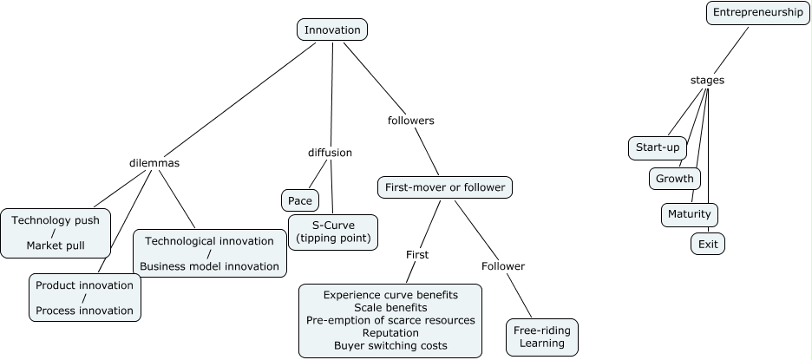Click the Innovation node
332,29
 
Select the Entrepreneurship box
758,12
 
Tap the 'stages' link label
707,80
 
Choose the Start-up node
657,147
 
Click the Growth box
674,179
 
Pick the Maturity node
689,213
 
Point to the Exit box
707,244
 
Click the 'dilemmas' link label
154,162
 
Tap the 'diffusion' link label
330,153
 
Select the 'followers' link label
410,121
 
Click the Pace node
299,200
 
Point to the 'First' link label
417,254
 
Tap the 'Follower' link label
503,265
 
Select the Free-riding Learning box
541,337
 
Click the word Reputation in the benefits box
390,332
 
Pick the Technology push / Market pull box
56,232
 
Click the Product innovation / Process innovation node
84,297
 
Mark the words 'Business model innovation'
209,265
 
